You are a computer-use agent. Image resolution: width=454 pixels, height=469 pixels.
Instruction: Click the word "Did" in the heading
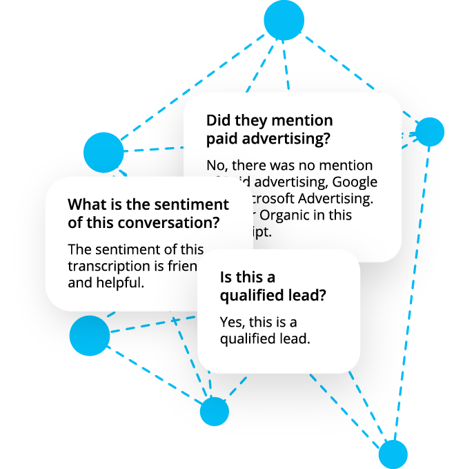tap(219, 120)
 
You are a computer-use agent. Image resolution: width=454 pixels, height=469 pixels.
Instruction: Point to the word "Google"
tap(355, 182)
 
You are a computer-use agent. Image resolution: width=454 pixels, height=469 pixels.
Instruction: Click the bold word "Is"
tap(226, 277)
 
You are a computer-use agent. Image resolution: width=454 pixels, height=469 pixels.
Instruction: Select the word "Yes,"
tap(233, 322)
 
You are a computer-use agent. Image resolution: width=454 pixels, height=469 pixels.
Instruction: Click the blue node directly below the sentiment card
tap(90, 336)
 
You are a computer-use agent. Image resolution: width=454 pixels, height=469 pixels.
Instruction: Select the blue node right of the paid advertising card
tap(429, 131)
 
